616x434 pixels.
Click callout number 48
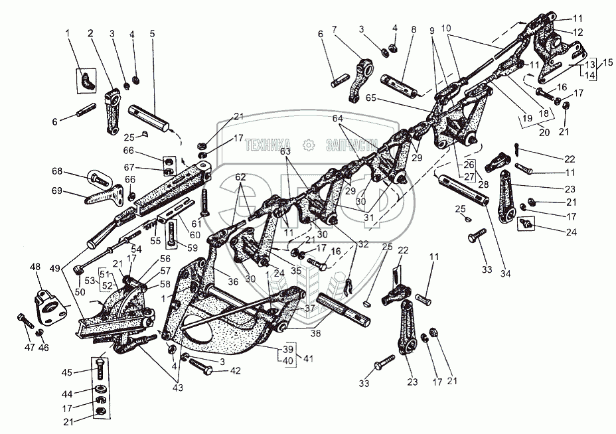[36, 267]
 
